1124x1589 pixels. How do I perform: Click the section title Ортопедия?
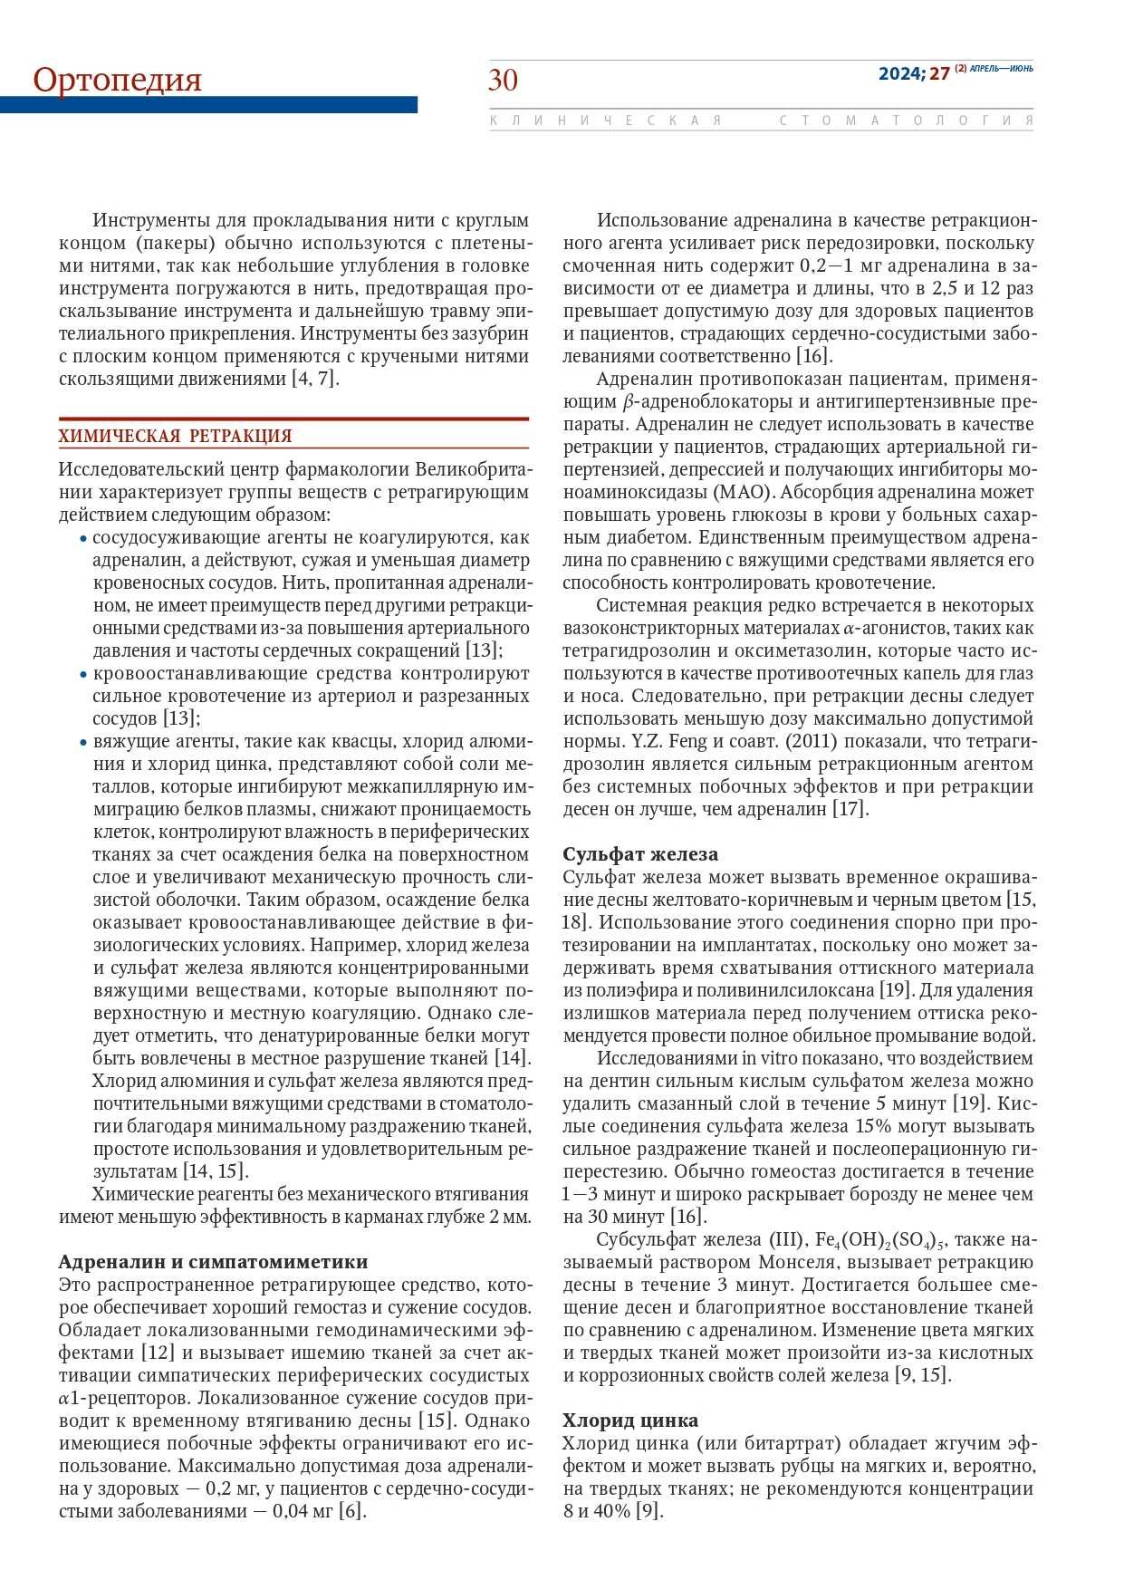(117, 80)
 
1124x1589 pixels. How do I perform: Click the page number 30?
(503, 81)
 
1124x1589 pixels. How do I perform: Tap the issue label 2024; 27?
(913, 73)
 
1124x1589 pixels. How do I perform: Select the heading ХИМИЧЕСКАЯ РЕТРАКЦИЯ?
(175, 436)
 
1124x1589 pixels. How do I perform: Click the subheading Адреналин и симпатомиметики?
(213, 1262)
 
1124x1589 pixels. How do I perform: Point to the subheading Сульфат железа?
(640, 854)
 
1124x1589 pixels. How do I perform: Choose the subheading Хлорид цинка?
(630, 1420)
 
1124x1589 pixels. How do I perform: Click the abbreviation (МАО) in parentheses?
(743, 492)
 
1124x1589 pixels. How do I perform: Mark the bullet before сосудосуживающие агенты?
(84, 538)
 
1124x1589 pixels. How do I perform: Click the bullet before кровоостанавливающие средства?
(84, 674)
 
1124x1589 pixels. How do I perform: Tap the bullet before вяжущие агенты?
(84, 742)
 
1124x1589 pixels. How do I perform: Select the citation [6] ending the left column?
(352, 1511)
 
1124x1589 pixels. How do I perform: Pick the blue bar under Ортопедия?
(208, 105)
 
